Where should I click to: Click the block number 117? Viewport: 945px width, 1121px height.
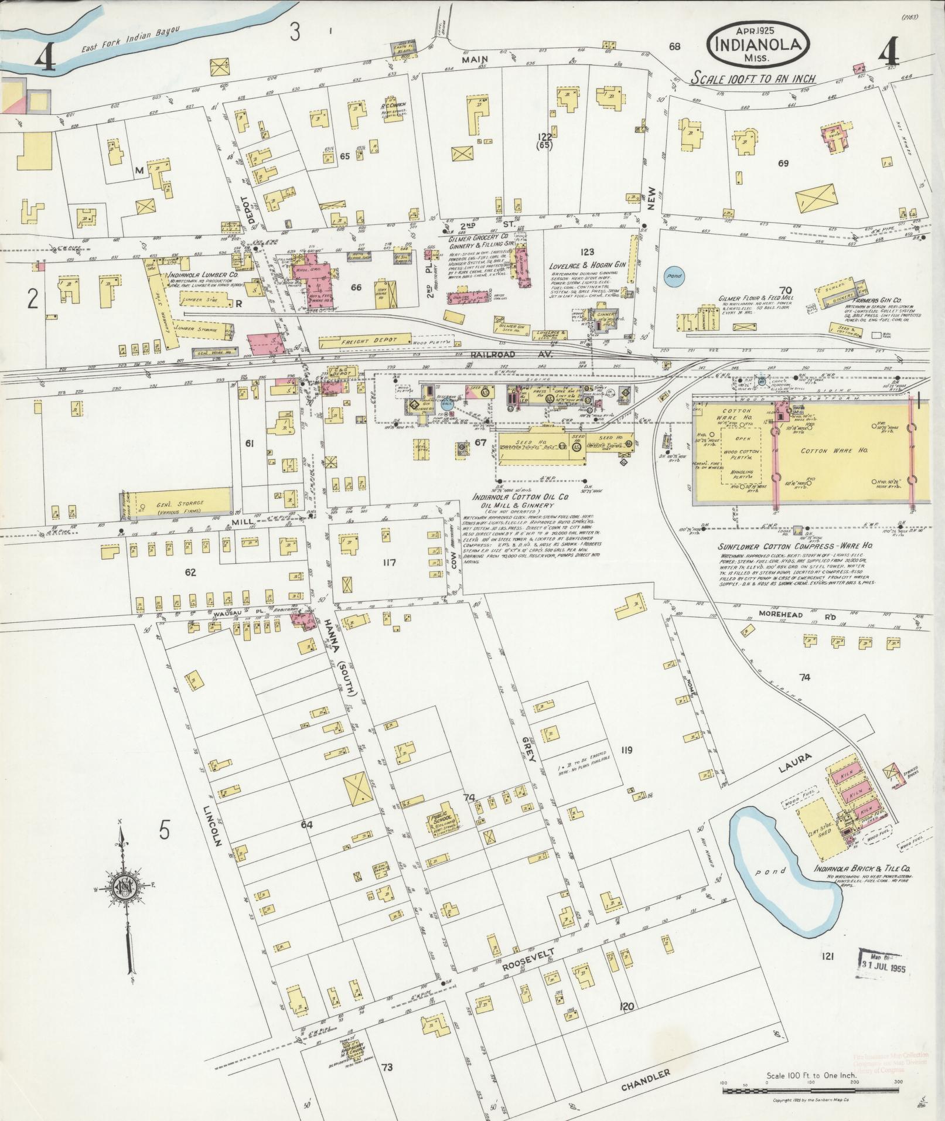[x=390, y=563]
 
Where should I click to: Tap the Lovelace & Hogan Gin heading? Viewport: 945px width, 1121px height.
[x=588, y=265]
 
